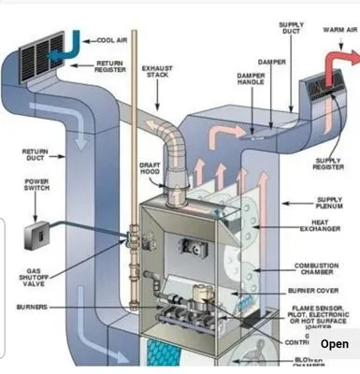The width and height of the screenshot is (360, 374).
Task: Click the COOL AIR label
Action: click(114, 40)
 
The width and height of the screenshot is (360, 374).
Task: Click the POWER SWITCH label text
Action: click(36, 184)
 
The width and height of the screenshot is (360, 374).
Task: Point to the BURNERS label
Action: click(35, 307)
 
